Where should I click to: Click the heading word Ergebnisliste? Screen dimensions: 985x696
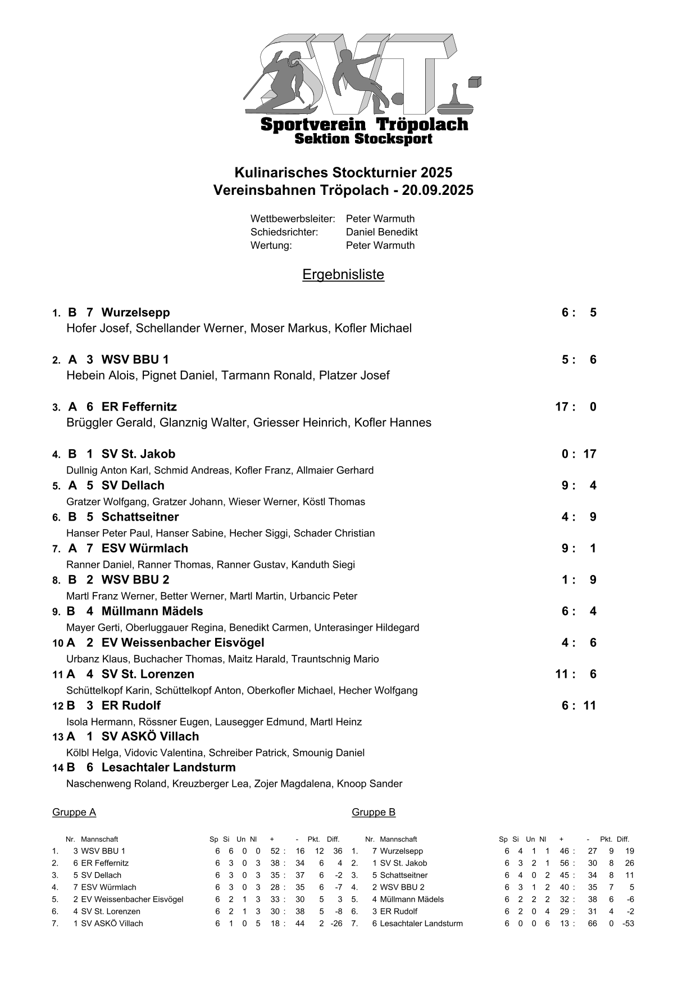pos(343,275)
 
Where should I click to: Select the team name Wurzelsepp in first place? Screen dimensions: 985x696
pos(135,312)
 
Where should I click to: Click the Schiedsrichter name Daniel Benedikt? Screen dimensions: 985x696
pos(381,232)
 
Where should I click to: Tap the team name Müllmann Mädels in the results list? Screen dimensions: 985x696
pos(152,611)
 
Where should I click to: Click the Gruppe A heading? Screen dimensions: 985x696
pos(74,812)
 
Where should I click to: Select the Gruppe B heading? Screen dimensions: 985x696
pos(374,812)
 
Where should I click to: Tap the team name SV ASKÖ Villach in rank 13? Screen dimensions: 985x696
pos(150,736)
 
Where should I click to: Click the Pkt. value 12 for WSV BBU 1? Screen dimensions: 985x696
pos(319,851)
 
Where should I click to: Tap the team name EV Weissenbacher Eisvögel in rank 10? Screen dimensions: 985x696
pos(183,642)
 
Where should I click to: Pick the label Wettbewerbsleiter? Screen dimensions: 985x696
pos(293,218)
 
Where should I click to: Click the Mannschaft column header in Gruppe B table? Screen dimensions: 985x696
pos(398,839)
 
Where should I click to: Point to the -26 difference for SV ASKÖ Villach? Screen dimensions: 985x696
pos(336,923)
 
